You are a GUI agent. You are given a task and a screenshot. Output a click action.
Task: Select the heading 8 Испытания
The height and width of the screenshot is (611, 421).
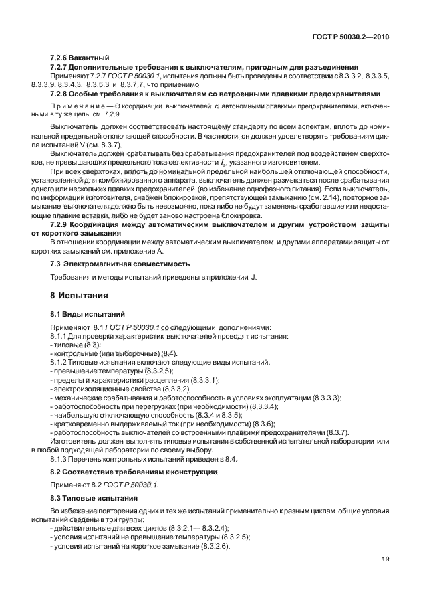tap(79, 295)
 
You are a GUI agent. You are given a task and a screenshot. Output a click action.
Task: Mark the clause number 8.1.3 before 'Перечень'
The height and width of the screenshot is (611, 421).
tap(61, 459)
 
